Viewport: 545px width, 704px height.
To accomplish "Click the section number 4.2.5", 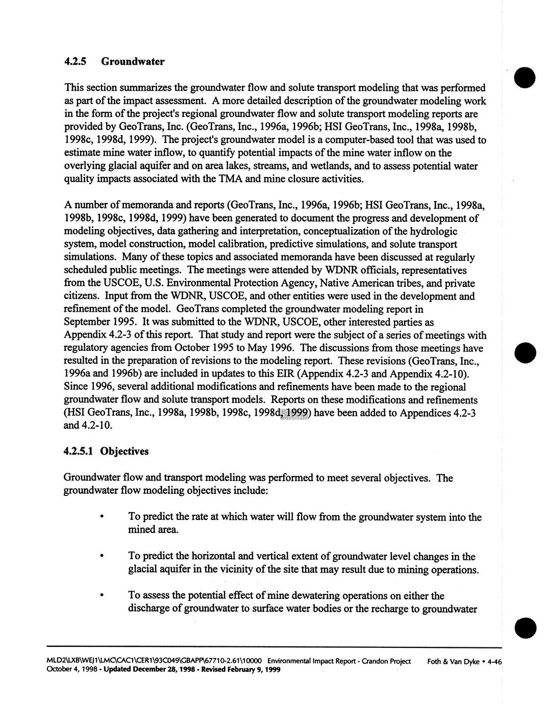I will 76,62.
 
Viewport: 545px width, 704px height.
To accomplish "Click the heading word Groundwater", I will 133,62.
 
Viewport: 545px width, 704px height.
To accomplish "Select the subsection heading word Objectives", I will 125,451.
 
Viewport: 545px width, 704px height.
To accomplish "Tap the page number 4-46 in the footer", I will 495,662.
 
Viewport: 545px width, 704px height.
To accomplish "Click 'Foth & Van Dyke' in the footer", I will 453,662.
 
